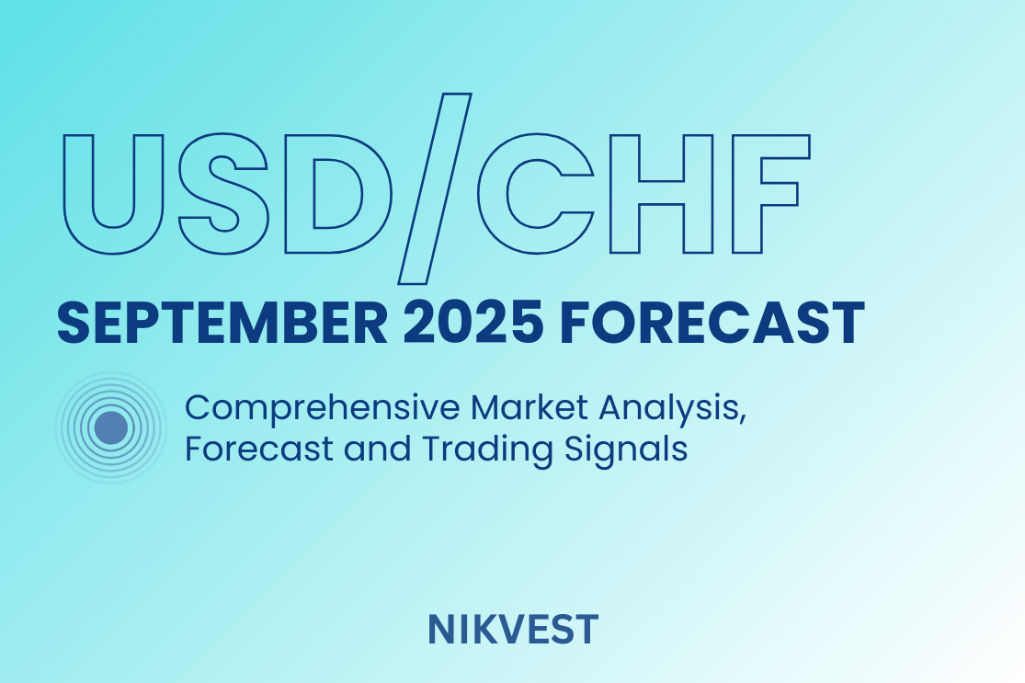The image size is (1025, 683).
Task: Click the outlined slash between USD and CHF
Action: (436, 188)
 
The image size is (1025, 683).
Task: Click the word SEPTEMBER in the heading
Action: (222, 323)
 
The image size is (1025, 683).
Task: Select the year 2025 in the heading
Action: (473, 323)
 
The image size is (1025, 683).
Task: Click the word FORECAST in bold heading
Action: (712, 323)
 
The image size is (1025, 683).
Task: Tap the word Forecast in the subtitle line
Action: (259, 449)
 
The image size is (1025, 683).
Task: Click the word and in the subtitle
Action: (377, 449)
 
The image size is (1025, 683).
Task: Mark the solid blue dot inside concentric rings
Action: (110, 427)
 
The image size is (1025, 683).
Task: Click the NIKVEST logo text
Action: (513, 630)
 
